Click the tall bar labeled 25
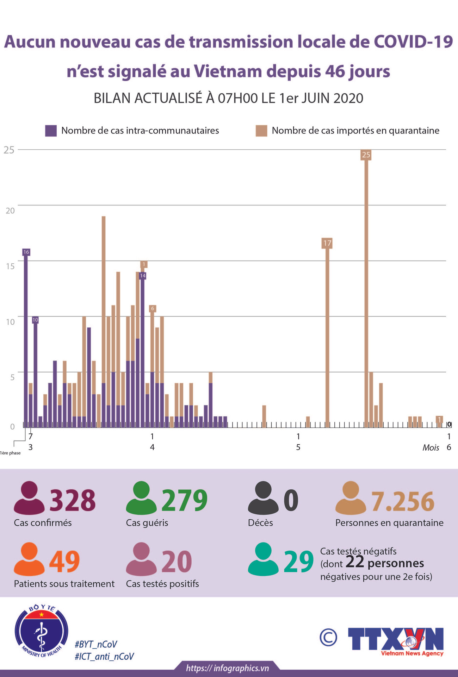coord(366,289)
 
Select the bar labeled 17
coord(327,334)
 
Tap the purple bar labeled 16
coord(26,338)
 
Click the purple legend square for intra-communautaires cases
coord(51,131)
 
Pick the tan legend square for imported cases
coord(261,131)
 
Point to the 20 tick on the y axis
coord(10,211)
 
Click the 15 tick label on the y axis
coord(10,266)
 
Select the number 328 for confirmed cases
coord(73,500)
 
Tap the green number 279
coord(184,500)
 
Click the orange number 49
coord(64,562)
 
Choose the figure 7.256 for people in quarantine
coord(403,501)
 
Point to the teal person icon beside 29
coord(263,559)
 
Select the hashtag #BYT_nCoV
coord(96,644)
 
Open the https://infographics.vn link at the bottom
coord(227,668)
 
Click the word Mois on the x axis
coord(431,447)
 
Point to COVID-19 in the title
coord(413,42)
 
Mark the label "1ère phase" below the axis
coord(10,453)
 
